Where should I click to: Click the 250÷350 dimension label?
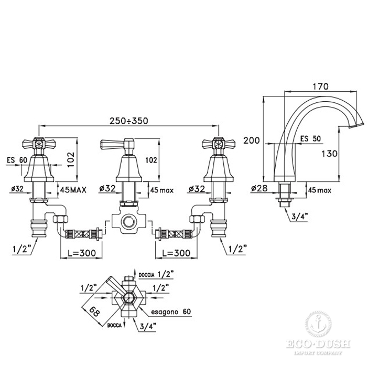(x=129, y=121)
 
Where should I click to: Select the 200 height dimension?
(x=251, y=140)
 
